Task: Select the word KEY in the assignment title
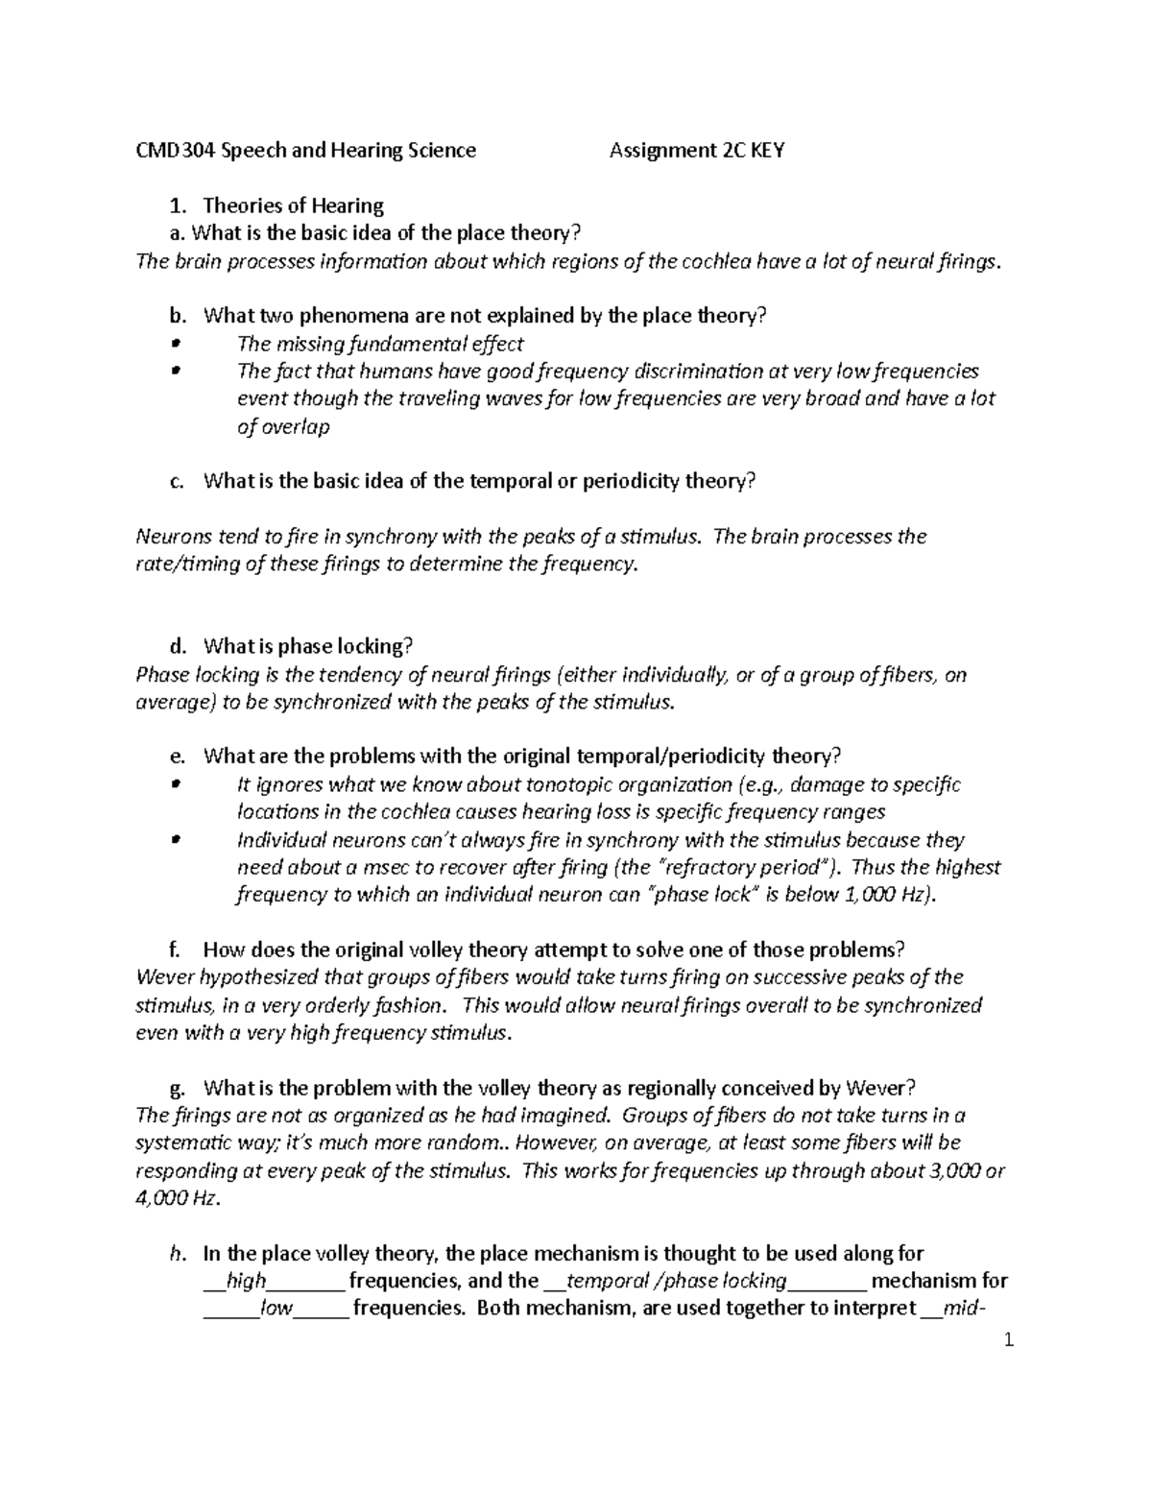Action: [768, 150]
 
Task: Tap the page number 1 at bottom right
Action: [1008, 1342]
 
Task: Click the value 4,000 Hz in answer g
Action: [176, 1198]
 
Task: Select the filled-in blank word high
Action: [246, 1281]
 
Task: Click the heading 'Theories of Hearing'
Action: [294, 205]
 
